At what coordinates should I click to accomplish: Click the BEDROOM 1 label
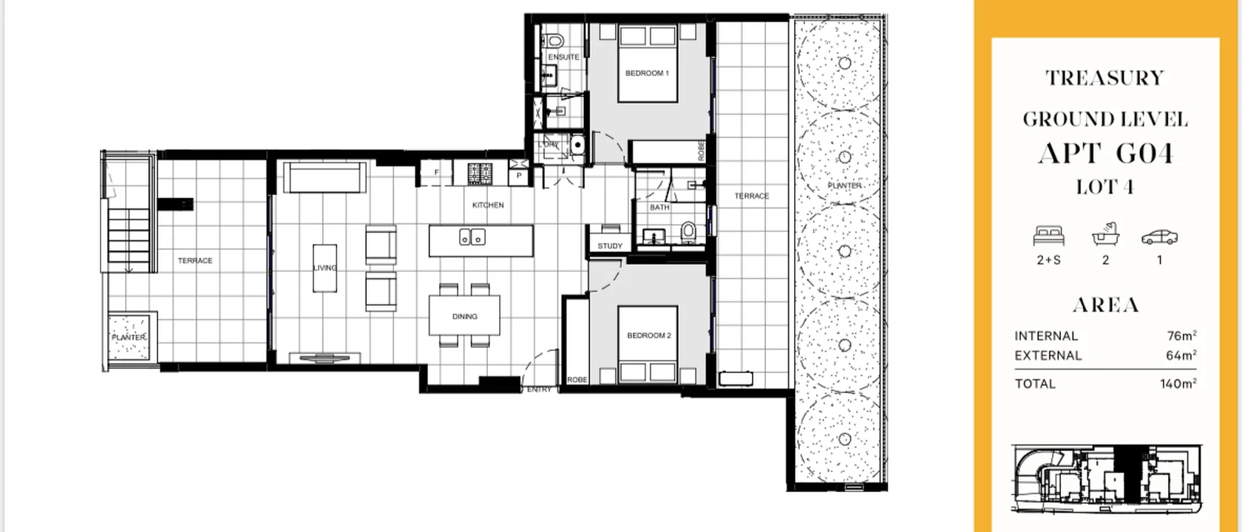point(647,73)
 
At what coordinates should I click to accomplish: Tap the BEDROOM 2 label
point(648,335)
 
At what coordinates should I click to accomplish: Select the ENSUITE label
point(563,57)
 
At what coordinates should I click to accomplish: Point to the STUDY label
point(610,246)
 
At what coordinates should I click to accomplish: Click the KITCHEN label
point(488,205)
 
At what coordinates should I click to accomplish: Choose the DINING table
point(464,316)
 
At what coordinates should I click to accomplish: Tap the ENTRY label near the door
point(539,389)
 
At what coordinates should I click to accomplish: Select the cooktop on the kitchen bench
point(480,174)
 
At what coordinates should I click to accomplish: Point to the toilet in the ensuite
point(554,39)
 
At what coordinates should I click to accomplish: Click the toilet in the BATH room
point(688,232)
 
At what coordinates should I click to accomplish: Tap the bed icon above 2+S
point(1048,236)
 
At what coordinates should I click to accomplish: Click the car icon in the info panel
point(1158,237)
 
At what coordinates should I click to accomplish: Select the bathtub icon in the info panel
point(1105,235)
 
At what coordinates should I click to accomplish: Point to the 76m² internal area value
point(1181,335)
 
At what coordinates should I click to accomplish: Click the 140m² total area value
point(1178,383)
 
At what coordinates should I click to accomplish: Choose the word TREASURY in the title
point(1104,78)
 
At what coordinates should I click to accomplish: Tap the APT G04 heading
point(1104,153)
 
